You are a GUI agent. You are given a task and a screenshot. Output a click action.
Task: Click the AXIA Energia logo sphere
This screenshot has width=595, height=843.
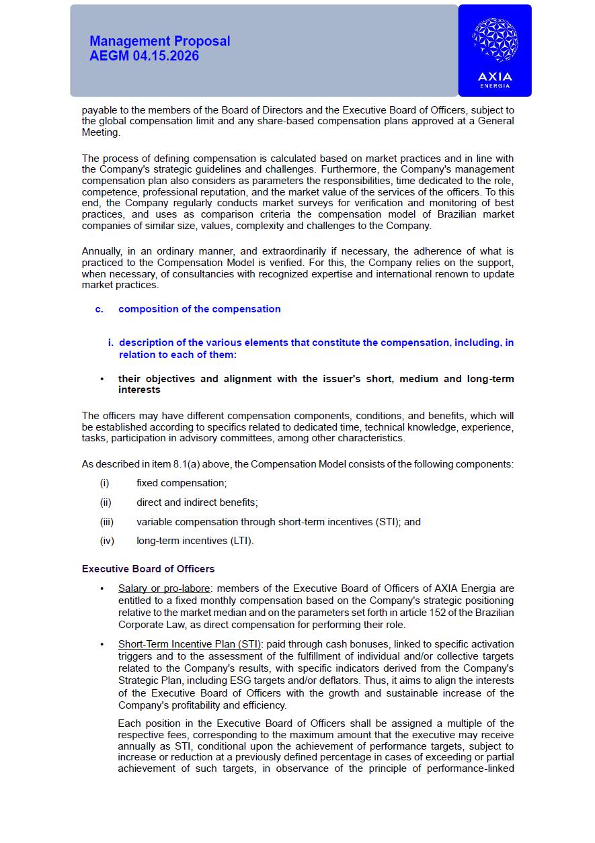pos(495,40)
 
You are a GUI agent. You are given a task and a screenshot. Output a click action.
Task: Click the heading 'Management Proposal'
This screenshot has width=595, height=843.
pos(159,41)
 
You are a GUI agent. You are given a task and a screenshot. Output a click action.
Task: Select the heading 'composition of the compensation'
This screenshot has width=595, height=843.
pos(199,309)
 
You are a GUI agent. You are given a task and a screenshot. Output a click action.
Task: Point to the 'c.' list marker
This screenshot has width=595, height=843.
pos(99,309)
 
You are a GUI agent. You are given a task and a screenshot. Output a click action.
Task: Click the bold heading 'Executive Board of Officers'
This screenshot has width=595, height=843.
pos(148,569)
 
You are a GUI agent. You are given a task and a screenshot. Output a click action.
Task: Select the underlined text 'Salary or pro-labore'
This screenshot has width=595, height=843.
pos(164,588)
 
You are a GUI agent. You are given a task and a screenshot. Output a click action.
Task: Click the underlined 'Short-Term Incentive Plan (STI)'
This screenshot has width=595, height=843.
pos(190,644)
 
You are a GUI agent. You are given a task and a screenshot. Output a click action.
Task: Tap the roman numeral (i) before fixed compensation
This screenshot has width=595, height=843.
pos(104,483)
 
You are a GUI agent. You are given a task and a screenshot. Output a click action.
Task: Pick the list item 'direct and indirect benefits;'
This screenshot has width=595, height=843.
pos(197,502)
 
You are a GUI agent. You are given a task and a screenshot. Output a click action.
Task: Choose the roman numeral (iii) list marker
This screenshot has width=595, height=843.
pos(106,522)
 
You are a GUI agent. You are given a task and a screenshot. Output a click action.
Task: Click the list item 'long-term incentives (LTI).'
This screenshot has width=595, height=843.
pos(195,541)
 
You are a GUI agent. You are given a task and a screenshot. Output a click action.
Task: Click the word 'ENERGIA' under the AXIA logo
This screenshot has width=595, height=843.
pos(495,86)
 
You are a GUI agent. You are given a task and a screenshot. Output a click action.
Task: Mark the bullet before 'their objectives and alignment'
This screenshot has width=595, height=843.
pos(102,379)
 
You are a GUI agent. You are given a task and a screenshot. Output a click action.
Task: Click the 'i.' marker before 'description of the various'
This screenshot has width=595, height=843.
pos(111,343)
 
